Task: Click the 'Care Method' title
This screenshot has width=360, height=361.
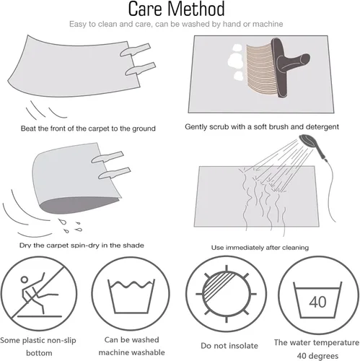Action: (x=176, y=9)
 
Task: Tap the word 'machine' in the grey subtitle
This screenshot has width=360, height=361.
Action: (x=268, y=24)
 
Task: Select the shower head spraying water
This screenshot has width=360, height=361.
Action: (x=312, y=147)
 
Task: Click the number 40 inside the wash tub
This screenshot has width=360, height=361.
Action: (x=317, y=302)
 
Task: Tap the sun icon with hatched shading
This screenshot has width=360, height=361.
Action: (x=226, y=294)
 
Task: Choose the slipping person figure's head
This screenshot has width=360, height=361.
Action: (x=25, y=279)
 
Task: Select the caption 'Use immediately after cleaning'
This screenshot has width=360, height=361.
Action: (x=260, y=248)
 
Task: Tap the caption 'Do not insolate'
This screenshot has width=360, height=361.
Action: (x=229, y=346)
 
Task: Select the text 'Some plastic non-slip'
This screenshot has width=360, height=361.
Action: (x=38, y=341)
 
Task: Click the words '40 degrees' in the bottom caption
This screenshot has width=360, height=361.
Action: (x=317, y=356)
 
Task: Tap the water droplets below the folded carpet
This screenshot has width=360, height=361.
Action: (x=70, y=226)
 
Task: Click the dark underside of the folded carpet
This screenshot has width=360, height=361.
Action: (x=77, y=204)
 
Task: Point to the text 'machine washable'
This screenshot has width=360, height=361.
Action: (x=131, y=352)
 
